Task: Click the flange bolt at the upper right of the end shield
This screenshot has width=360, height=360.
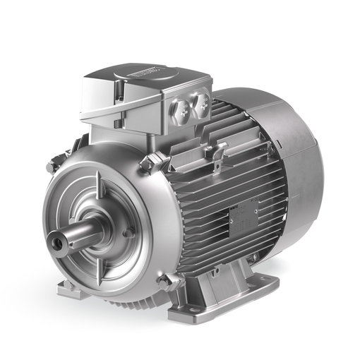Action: point(147,164)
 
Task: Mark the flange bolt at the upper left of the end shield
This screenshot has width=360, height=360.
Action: point(51,167)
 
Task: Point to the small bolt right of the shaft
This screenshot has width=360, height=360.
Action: point(128,232)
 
